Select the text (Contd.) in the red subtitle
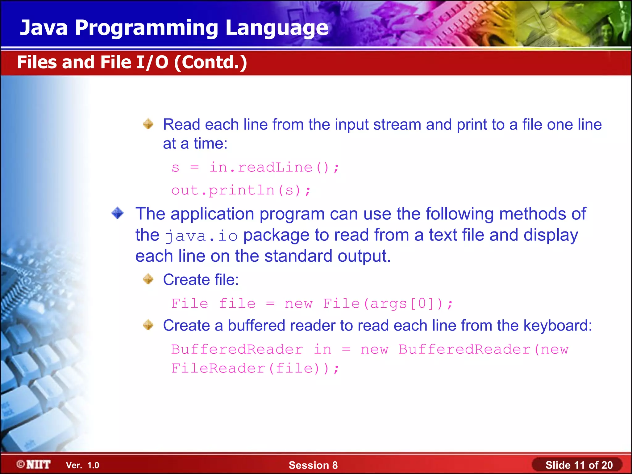pos(210,62)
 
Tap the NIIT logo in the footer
pos(34,464)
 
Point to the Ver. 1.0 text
pos(82,465)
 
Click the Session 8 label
pos(313,465)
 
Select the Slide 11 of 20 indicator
pos(579,465)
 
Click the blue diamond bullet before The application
pos(118,213)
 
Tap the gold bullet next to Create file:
pos(148,279)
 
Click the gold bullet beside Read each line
pos(148,124)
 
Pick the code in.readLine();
pos(274,168)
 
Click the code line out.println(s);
pos(241,190)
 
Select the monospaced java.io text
pos(201,236)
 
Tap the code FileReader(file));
pos(255,368)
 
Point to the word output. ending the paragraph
pos(364,256)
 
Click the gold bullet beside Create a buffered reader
pos(148,325)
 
